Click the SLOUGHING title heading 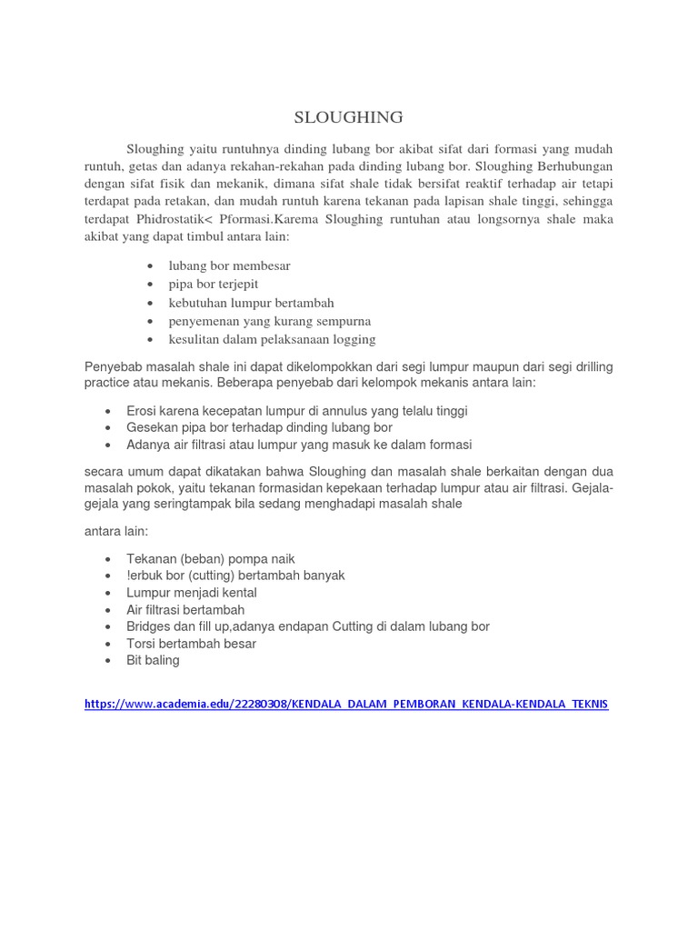(348, 117)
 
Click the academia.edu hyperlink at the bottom (346, 704)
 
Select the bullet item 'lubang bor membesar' (229, 265)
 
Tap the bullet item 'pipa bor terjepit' (214, 284)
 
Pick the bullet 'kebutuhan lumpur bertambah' (251, 303)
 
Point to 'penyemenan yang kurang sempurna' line (269, 321)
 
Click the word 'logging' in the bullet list (353, 339)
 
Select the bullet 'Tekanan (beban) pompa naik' (211, 559)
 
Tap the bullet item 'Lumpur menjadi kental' (192, 593)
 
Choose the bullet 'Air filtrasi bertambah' (185, 610)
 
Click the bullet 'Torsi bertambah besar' (191, 644)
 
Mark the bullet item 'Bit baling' (153, 660)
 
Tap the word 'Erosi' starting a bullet (142, 411)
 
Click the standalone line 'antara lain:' (115, 530)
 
